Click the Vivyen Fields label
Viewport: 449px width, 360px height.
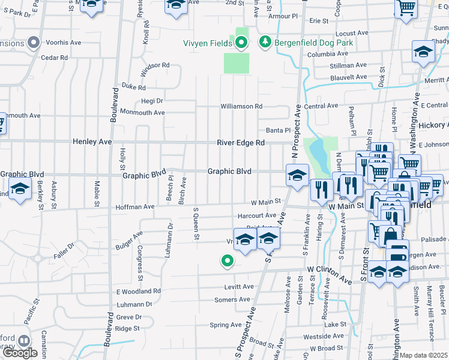(x=208, y=43)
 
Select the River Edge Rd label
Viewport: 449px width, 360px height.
(x=243, y=143)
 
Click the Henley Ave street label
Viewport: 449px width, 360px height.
(x=92, y=142)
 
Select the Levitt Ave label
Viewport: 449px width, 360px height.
(x=240, y=287)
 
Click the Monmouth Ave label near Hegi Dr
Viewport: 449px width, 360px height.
(x=142, y=112)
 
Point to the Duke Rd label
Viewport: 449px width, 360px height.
(x=134, y=86)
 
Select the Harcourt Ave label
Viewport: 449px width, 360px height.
(x=256, y=215)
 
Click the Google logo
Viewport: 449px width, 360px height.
(x=20, y=353)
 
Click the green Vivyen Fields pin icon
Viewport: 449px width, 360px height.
(x=241, y=43)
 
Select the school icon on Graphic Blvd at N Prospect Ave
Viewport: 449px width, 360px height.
(x=297, y=176)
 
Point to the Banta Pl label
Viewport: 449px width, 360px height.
(x=278, y=130)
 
